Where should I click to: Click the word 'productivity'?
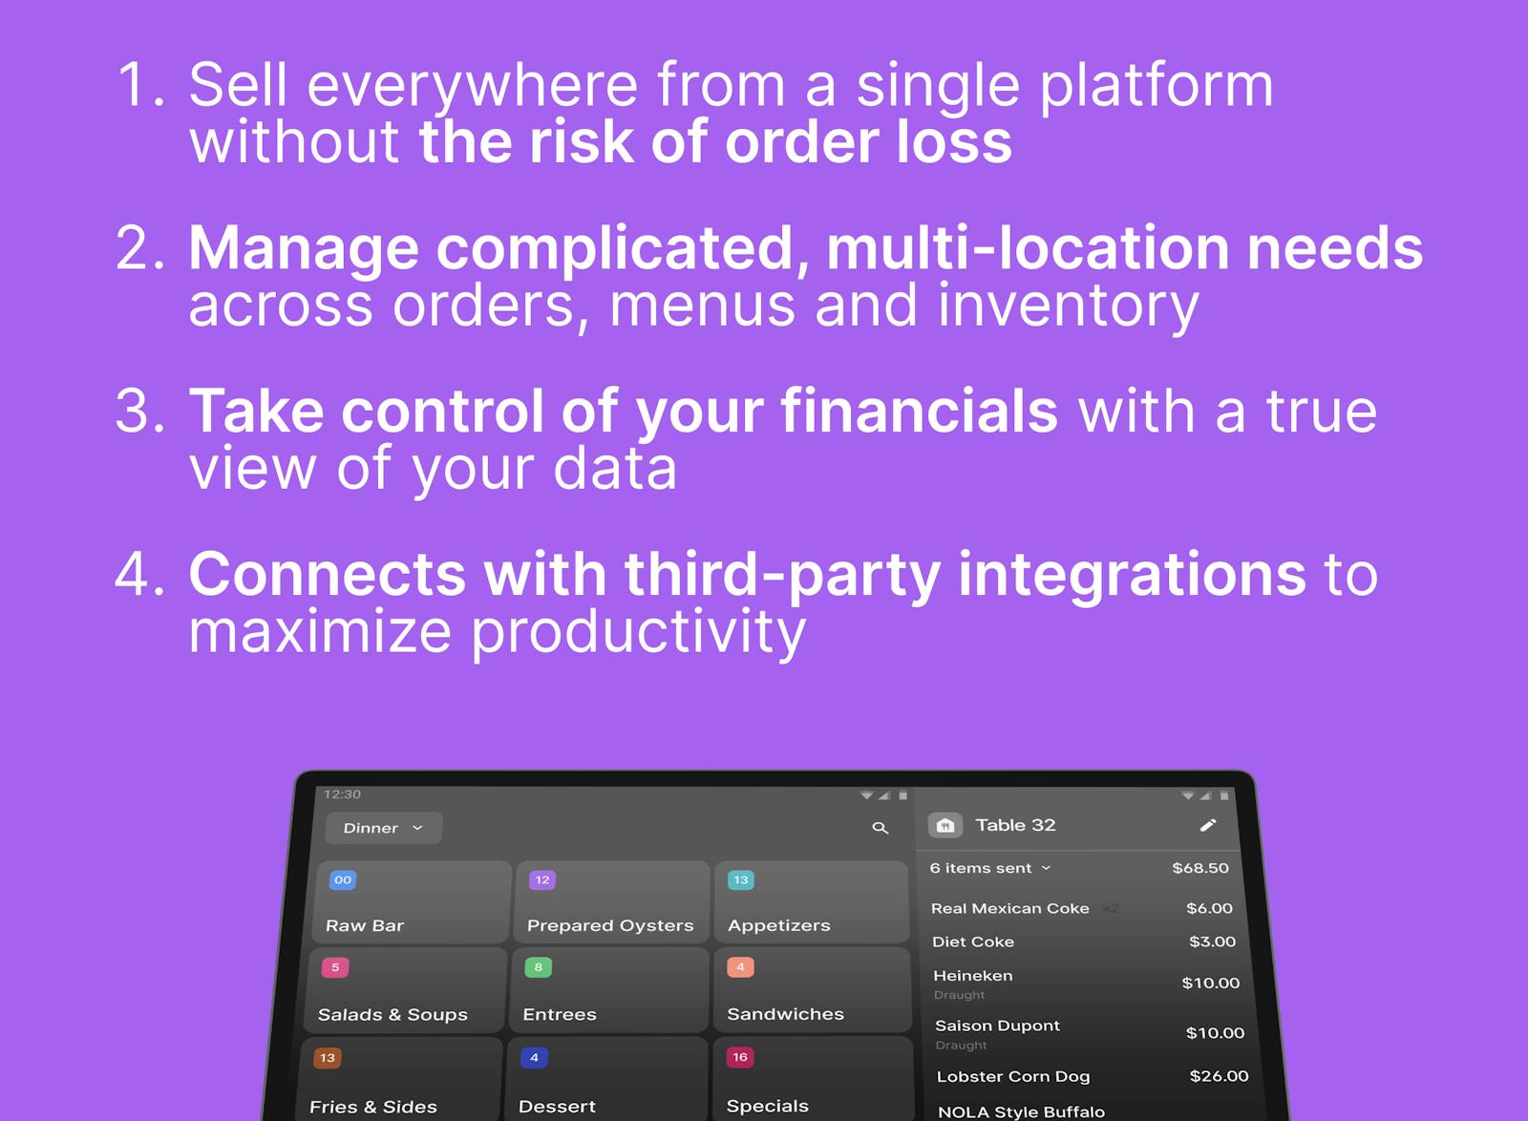(639, 633)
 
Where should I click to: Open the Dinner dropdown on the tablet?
(383, 828)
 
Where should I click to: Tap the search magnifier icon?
(880, 828)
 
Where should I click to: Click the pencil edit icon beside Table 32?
(1207, 825)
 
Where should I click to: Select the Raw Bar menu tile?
(412, 902)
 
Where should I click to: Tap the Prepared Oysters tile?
(611, 902)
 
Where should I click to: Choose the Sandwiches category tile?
(811, 990)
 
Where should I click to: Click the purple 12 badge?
(541, 879)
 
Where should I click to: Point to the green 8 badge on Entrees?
(538, 967)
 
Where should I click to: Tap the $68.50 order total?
(1199, 868)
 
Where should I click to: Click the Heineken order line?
(973, 976)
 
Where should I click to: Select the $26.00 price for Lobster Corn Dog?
(1219, 1076)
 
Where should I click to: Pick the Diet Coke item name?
(972, 941)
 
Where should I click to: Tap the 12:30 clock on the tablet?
(342, 794)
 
